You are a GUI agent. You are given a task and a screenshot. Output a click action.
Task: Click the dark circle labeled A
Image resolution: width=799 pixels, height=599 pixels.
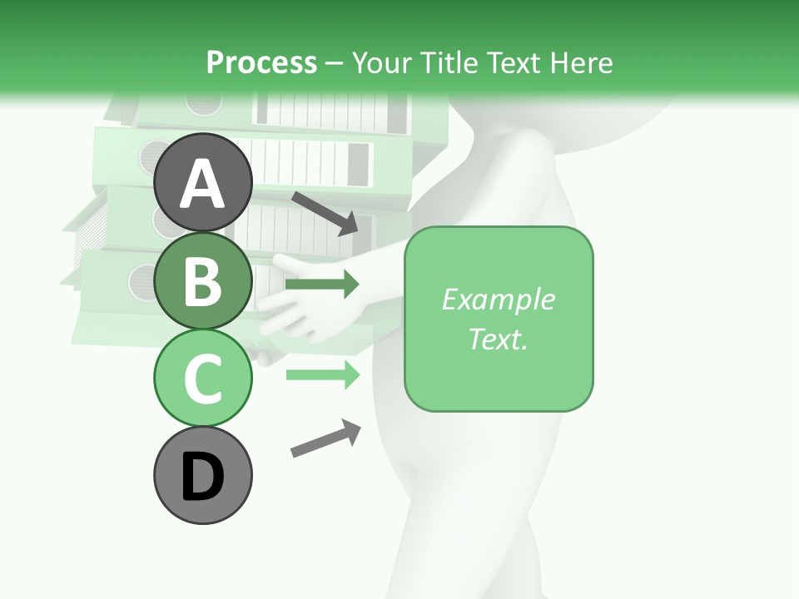point(202,182)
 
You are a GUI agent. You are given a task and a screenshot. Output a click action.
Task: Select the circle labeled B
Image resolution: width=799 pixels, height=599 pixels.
point(202,280)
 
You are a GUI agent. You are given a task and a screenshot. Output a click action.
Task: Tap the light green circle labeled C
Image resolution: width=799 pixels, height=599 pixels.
point(202,379)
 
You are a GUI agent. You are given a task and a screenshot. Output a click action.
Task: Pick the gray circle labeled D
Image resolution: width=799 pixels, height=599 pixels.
point(202,477)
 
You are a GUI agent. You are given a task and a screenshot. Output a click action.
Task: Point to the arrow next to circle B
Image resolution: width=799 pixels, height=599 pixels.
point(322,285)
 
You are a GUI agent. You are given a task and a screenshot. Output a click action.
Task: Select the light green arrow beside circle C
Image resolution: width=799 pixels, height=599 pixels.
point(322,375)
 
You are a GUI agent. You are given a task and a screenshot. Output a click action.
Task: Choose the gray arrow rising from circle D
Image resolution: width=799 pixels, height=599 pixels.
point(325,438)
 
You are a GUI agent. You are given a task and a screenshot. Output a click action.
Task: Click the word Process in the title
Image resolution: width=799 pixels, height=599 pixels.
point(261,62)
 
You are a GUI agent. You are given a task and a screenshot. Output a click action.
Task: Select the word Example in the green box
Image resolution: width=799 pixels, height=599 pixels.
point(498,299)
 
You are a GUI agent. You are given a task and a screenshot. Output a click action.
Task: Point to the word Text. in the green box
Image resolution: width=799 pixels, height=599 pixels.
point(498,339)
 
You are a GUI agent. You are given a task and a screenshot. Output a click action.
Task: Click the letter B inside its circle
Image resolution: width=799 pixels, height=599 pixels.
point(202,281)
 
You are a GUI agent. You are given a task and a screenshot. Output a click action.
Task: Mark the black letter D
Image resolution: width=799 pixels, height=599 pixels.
point(202,478)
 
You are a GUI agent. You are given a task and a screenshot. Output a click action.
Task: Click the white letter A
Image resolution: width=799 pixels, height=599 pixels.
point(202,184)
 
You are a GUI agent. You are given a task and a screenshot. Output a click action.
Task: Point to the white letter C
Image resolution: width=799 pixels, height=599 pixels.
point(202,379)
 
